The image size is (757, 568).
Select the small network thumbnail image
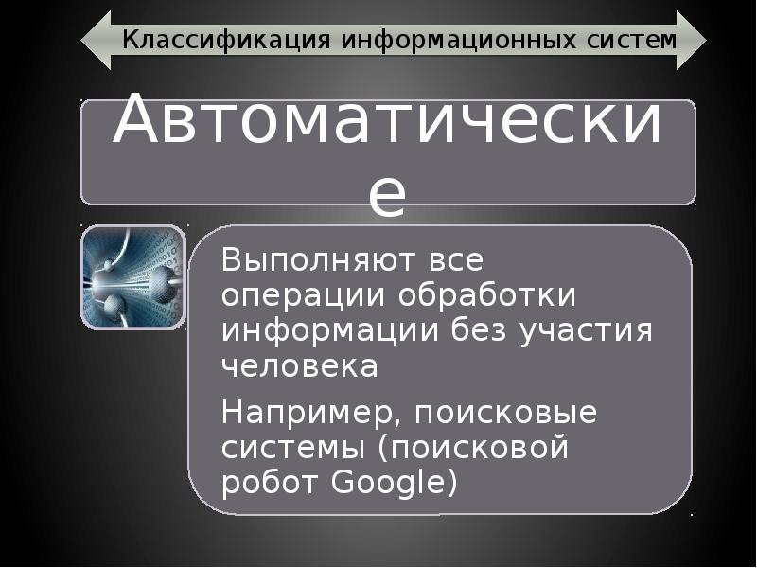tap(132, 276)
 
